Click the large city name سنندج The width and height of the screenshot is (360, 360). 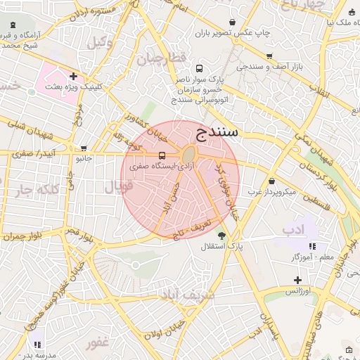click(217, 131)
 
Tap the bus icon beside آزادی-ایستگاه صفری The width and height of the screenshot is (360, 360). click(162, 155)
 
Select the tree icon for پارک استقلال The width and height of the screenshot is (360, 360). click(222, 236)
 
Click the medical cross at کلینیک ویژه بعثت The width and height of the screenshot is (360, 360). click(73, 76)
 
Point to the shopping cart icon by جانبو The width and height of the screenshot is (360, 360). click(84, 148)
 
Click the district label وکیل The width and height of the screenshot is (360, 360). click(100, 42)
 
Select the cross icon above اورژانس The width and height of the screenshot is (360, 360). click(297, 280)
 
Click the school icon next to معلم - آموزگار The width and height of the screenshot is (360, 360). click(312, 246)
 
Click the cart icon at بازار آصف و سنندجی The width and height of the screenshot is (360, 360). click(269, 56)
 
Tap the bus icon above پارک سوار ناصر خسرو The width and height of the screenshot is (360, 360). click(200, 69)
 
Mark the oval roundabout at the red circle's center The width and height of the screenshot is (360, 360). click(188, 155)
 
